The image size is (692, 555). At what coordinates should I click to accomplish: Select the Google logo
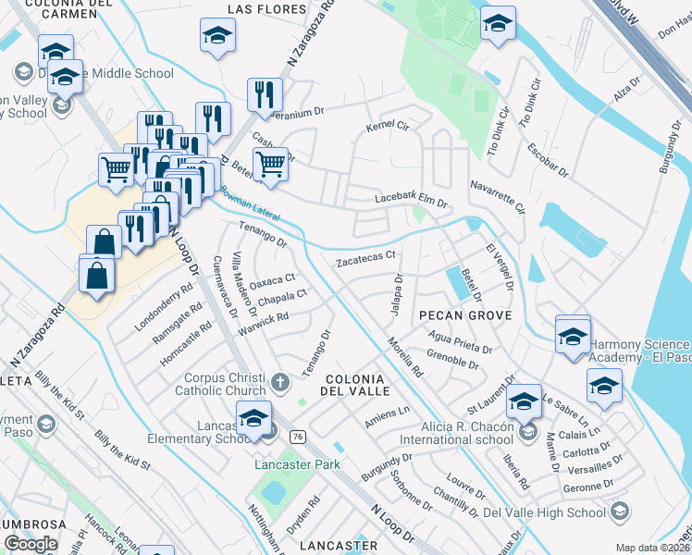[31, 544]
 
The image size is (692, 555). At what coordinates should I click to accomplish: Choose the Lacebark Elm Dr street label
[411, 200]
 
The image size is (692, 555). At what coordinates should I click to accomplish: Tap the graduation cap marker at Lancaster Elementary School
[253, 418]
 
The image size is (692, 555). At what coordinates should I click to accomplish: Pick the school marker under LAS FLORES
[217, 35]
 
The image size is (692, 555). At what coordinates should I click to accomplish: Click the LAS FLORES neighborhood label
[266, 9]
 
